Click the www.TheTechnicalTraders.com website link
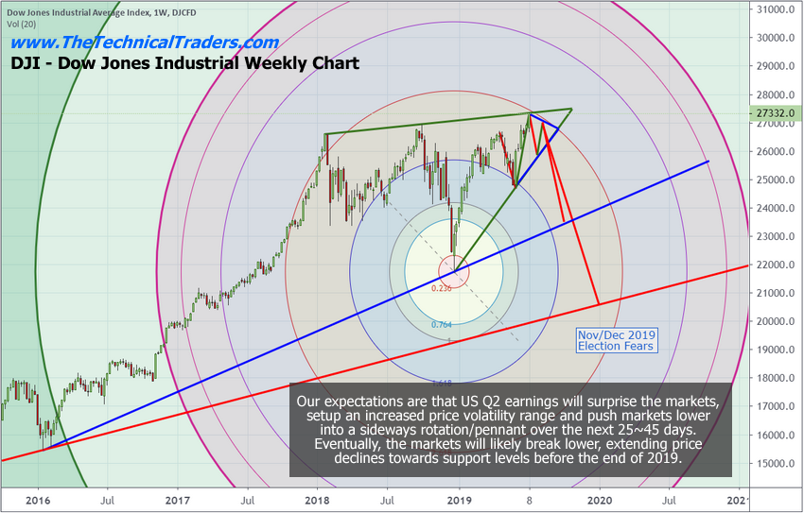point(145,43)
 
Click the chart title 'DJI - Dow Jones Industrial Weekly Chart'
point(184,64)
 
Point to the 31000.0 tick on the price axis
point(777,9)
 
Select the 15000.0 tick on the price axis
point(777,463)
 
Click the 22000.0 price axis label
point(777,265)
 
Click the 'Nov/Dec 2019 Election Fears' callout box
point(616,341)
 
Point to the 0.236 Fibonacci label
point(441,288)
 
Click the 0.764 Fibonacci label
point(441,325)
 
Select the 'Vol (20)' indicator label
point(22,23)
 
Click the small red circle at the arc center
point(454,272)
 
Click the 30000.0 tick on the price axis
point(777,38)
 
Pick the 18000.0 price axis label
point(777,378)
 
